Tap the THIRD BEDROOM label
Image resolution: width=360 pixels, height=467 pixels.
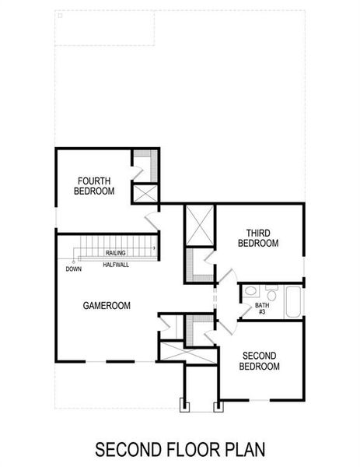tap(257, 238)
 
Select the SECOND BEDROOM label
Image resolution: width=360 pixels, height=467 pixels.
tap(259, 361)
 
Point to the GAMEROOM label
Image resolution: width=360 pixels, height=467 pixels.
tap(106, 306)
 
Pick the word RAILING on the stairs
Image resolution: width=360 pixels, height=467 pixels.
tap(116, 253)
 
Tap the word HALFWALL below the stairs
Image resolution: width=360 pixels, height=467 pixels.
tap(115, 265)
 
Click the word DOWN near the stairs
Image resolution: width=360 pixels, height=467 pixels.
tap(74, 269)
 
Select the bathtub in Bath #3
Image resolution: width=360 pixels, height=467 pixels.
tap(292, 302)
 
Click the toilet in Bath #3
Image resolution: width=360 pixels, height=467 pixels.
tap(250, 293)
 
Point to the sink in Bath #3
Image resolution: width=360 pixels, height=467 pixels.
tap(271, 291)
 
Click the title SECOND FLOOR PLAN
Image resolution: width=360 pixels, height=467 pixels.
tap(180, 449)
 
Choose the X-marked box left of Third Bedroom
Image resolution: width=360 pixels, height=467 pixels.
tap(198, 225)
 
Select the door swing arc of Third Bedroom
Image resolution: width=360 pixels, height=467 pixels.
tap(226, 277)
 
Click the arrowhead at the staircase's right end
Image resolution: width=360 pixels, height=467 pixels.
tap(154, 248)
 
